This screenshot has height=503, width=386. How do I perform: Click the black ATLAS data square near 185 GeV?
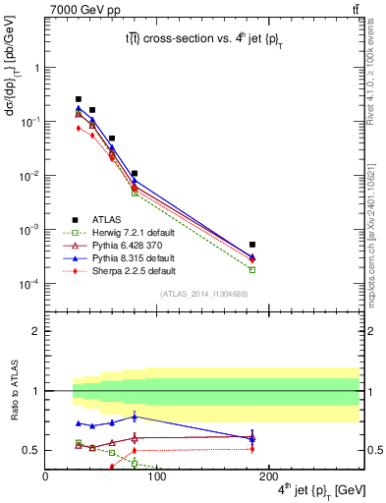(252, 245)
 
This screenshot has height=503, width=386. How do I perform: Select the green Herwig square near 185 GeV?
(252, 269)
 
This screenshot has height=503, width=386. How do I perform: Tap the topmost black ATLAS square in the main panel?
(79, 99)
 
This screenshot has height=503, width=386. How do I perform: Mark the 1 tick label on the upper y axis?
(37, 68)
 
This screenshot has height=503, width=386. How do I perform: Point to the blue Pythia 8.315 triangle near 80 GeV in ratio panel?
(135, 417)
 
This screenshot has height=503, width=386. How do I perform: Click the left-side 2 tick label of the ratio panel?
(37, 331)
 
